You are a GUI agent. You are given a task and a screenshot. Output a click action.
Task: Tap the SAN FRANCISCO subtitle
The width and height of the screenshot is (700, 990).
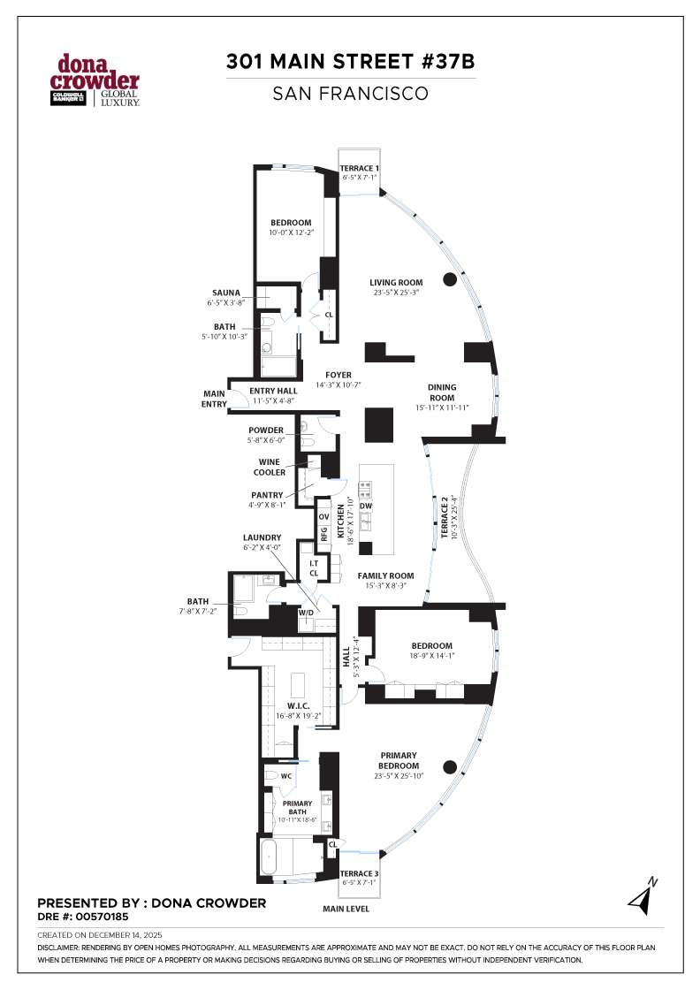pos(350,92)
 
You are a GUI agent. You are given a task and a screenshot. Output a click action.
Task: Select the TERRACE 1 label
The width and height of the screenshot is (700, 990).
pos(360,168)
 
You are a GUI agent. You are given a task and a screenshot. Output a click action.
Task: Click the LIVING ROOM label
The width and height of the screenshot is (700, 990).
pos(396,283)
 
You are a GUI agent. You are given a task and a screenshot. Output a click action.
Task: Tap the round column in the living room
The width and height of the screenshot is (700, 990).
pos(450,280)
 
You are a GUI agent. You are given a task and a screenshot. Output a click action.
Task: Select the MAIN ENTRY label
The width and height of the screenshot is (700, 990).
pos(215,399)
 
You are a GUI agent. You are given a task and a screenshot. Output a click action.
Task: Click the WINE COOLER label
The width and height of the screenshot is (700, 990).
pos(270,467)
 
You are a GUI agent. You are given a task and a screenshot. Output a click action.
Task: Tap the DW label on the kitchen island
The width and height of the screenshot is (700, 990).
pos(378,506)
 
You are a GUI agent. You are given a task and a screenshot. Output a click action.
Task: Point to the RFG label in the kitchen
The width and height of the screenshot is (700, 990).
pos(324,534)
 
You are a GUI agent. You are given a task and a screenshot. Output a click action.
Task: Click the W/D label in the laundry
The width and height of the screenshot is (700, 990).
pos(307,612)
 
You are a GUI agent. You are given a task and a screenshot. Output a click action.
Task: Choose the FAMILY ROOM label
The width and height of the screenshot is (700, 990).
pos(385,575)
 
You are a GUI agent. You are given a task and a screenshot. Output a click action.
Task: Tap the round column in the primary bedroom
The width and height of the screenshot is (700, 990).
pos(450,766)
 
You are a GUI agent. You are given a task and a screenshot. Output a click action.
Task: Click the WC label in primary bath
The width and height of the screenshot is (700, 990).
pos(285,777)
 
